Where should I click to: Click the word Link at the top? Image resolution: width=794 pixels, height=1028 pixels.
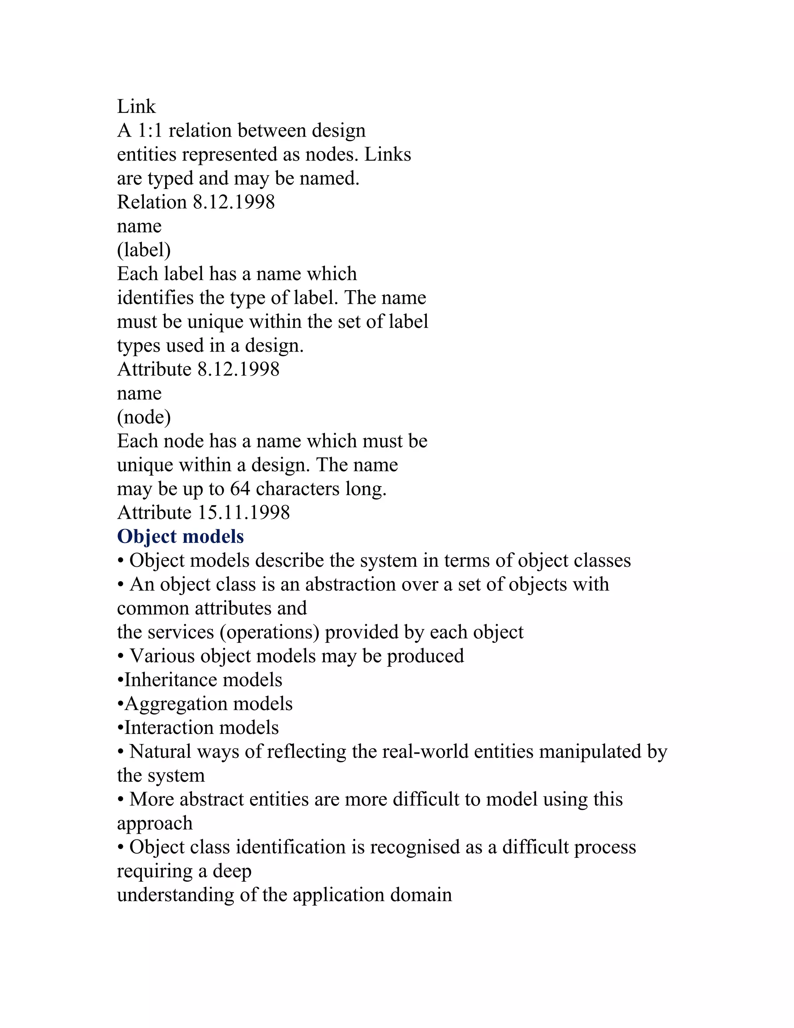136,107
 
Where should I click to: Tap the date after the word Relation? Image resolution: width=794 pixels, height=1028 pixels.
234,202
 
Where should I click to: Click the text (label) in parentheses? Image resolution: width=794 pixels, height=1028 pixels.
143,250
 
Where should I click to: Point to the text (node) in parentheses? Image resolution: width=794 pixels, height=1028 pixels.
143,417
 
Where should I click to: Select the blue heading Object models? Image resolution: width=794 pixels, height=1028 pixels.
180,536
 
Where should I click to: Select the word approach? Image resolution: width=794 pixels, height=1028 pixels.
155,824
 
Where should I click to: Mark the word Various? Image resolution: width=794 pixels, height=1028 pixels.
159,656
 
